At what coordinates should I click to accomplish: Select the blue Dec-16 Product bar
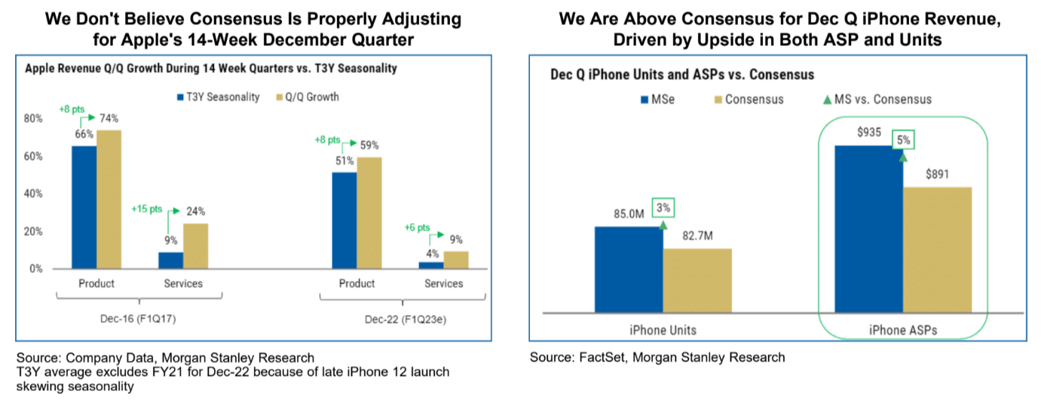click(x=84, y=207)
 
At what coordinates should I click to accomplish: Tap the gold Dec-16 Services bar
click(x=196, y=246)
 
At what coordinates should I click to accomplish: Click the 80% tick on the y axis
click(x=34, y=119)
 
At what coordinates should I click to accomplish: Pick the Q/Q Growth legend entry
click(x=311, y=97)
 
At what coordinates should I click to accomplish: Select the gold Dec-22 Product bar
click(x=369, y=212)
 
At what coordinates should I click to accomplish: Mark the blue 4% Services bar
click(x=431, y=265)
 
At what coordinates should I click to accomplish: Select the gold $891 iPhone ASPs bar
click(x=938, y=249)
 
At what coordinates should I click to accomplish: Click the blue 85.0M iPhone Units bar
click(x=629, y=269)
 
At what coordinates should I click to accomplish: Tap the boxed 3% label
click(x=663, y=208)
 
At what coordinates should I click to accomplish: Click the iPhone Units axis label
click(x=663, y=329)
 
